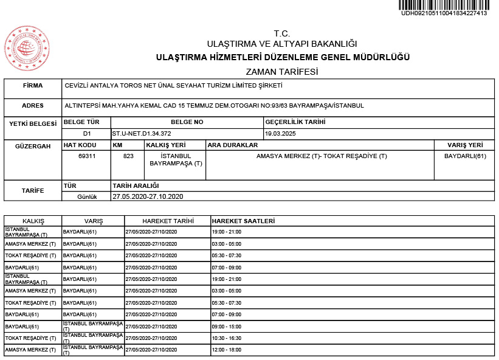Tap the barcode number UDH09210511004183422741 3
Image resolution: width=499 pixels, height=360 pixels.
pyautogui.click(x=444, y=13)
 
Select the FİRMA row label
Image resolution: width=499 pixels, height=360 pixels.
pyautogui.click(x=32, y=86)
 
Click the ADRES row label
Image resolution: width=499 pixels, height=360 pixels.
pyautogui.click(x=32, y=105)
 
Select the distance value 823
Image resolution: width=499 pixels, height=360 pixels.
pyautogui.click(x=128, y=156)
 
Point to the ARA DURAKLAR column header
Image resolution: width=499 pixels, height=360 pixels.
pyautogui.click(x=233, y=145)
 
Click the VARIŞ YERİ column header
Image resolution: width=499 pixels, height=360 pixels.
pyautogui.click(x=465, y=145)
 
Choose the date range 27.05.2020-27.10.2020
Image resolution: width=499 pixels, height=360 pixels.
pyautogui.click(x=148, y=196)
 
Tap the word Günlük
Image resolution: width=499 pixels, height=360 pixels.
pyautogui.click(x=88, y=196)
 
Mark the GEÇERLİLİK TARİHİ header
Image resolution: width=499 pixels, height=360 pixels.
pyautogui.click(x=295, y=122)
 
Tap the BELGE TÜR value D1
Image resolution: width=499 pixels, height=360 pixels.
pyautogui.click(x=87, y=133)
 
